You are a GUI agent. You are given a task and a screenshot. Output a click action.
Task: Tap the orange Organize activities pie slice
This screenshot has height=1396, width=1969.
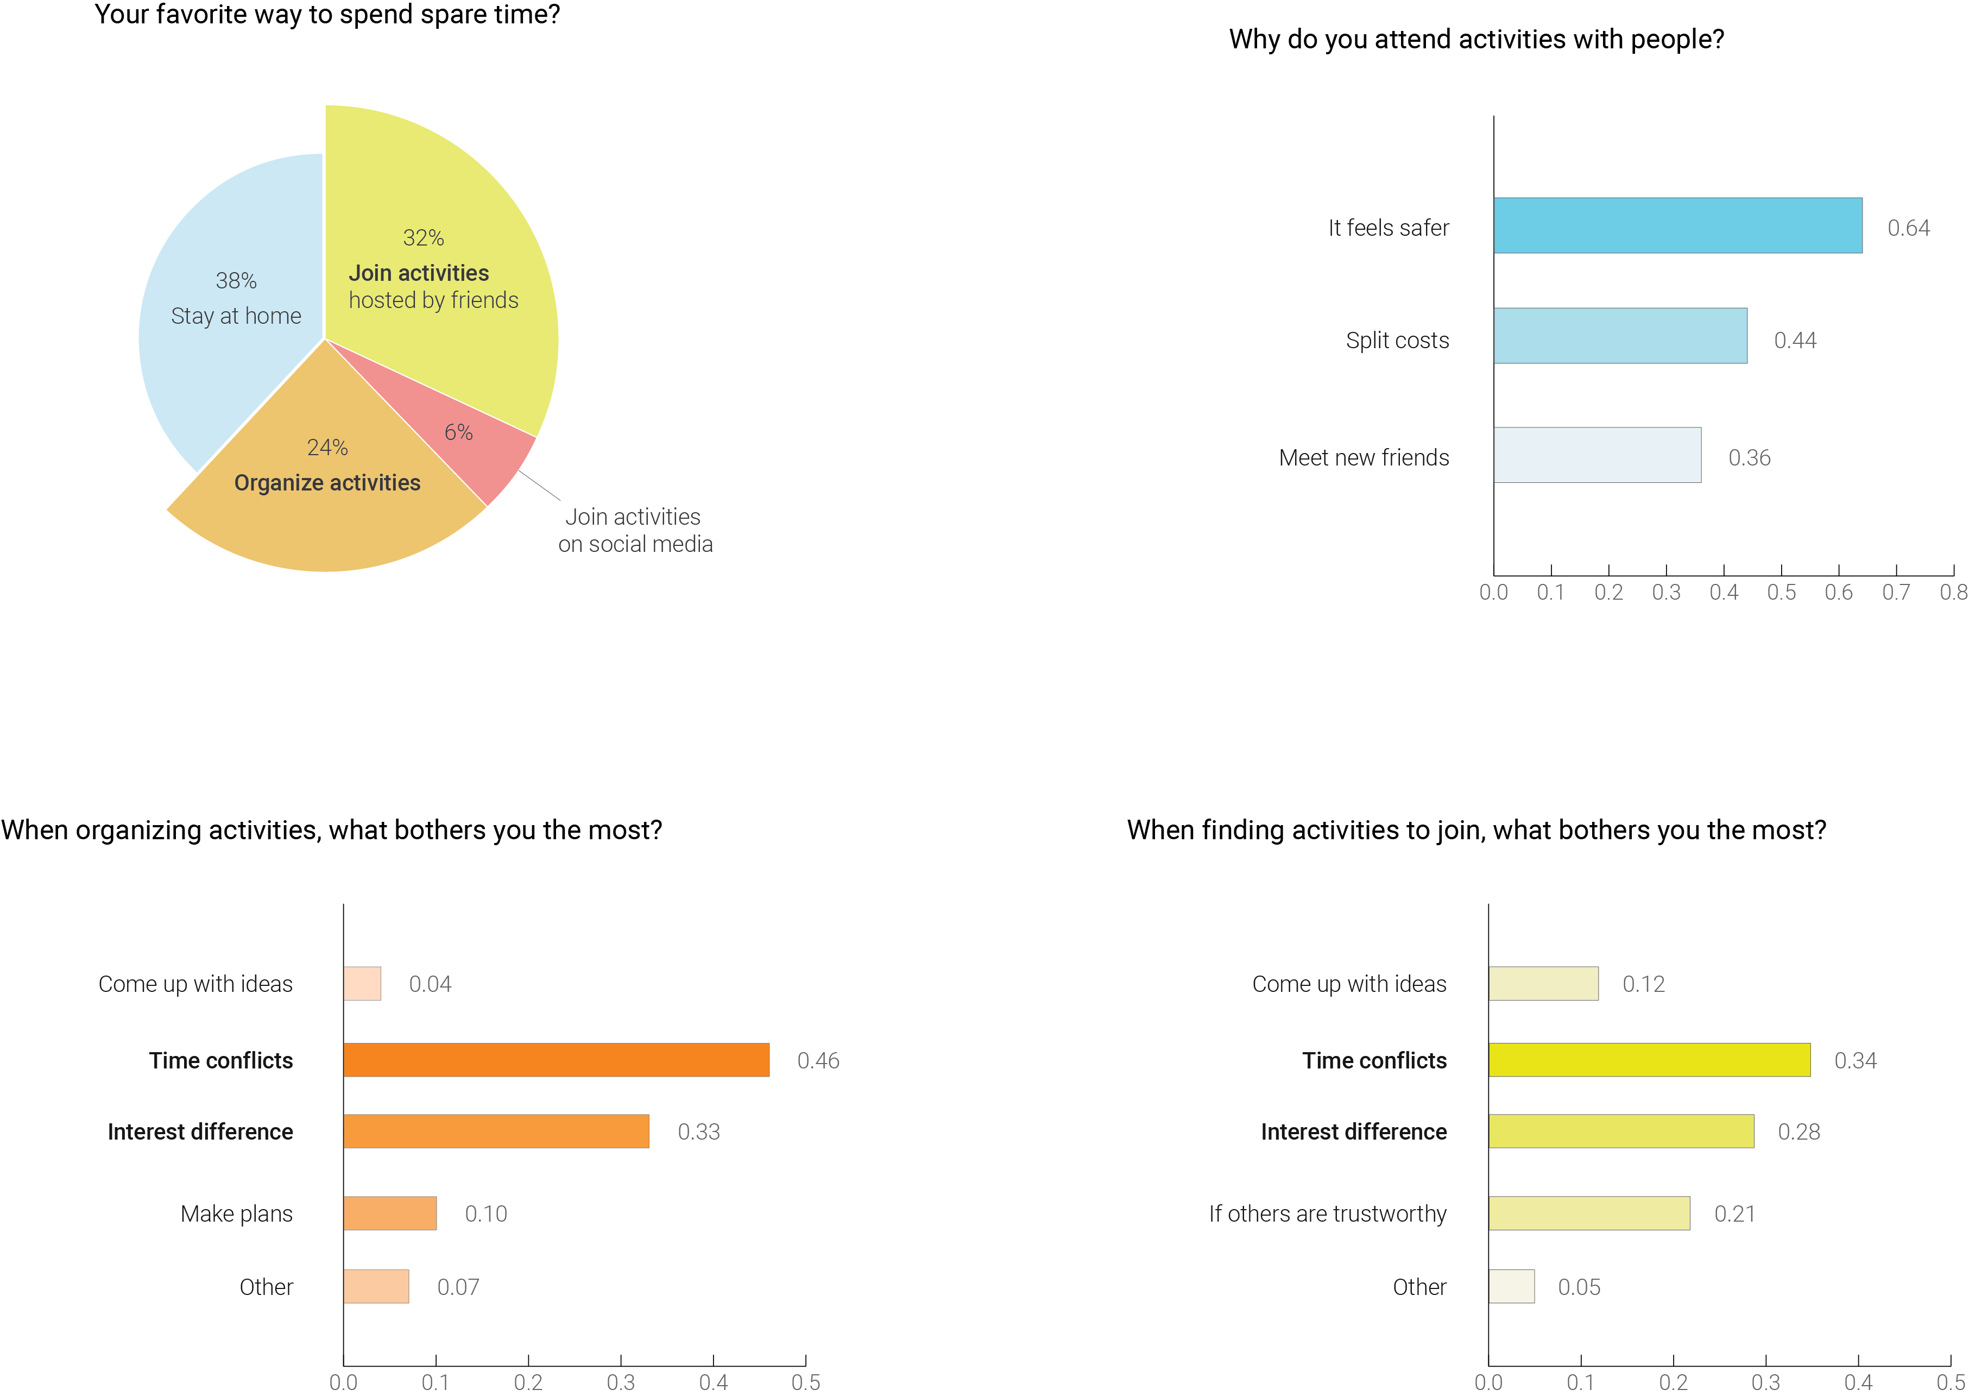click(x=326, y=516)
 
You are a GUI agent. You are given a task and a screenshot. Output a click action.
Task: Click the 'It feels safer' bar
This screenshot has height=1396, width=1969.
click(x=1677, y=225)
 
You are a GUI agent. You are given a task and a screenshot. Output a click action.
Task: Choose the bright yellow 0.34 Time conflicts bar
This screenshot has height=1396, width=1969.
click(x=1649, y=1059)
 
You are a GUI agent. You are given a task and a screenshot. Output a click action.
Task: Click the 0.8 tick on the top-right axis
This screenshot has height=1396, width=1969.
click(x=1953, y=592)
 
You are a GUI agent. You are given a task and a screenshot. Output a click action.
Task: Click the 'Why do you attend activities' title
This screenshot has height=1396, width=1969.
click(x=1476, y=40)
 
